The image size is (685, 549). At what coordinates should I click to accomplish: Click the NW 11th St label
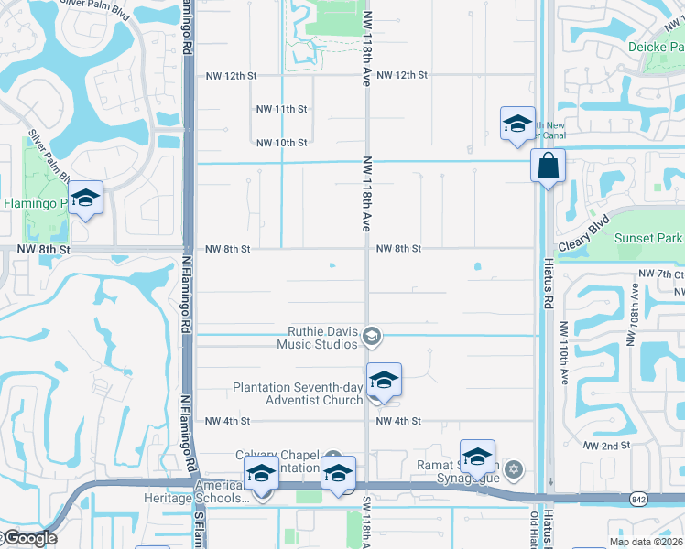(281, 109)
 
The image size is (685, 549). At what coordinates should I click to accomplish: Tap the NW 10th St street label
(281, 143)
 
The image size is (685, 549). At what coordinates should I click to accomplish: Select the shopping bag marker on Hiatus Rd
(548, 167)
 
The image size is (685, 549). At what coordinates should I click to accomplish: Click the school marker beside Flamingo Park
(85, 199)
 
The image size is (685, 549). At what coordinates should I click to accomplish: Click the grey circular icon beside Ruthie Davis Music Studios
(371, 338)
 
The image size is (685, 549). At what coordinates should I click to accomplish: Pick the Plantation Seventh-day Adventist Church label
(299, 393)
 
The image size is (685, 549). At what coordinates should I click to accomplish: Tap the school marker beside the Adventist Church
(384, 381)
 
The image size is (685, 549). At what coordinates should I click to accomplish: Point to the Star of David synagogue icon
(514, 471)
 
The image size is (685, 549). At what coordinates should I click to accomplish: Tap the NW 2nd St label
(607, 445)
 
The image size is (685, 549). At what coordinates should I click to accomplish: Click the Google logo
(28, 538)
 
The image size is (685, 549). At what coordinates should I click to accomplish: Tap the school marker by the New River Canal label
(516, 124)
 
